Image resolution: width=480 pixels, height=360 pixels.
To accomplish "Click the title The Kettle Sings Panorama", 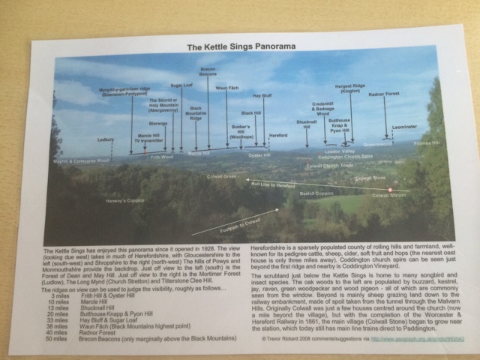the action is pyautogui.click(x=241, y=46).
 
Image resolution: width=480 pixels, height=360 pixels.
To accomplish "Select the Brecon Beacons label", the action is pyautogui.click(x=208, y=72).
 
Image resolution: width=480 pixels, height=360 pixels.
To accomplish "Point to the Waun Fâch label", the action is pyautogui.click(x=226, y=88).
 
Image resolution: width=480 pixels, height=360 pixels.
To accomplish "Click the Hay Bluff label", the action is pyautogui.click(x=262, y=96).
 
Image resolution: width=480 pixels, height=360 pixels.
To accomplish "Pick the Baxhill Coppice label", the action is pyautogui.click(x=316, y=193).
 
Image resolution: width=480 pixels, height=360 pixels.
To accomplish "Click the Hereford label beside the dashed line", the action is pyautogui.click(x=278, y=136).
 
